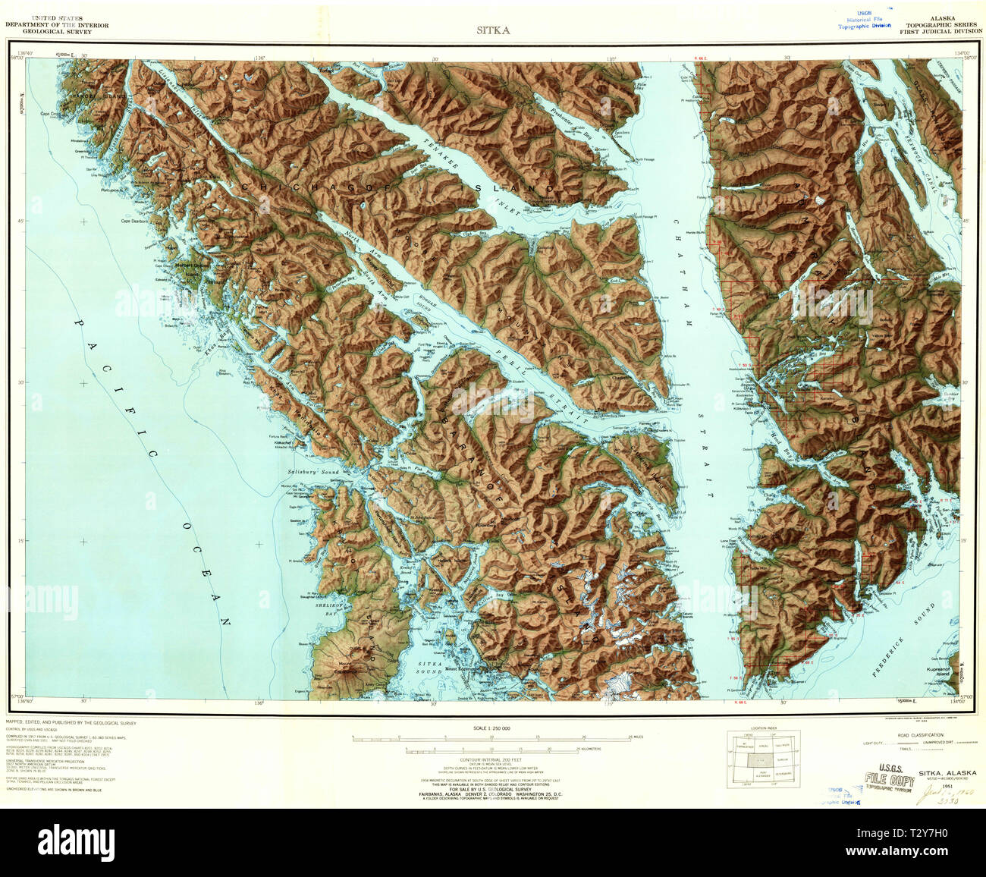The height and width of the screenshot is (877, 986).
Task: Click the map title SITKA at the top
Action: (x=492, y=31)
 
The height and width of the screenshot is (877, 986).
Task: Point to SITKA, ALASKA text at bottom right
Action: (x=947, y=773)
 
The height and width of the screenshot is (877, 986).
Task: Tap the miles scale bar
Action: (x=492, y=738)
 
